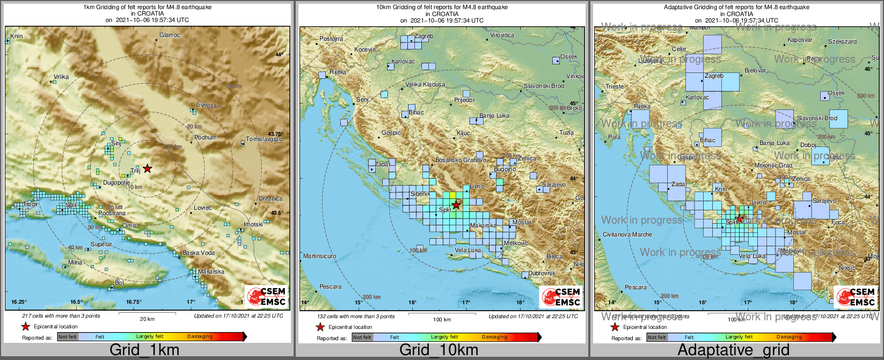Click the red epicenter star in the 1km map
click(x=148, y=168)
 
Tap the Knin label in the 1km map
click(x=17, y=36)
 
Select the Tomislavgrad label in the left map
click(x=264, y=139)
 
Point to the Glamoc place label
click(x=170, y=35)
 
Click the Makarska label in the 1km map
click(x=211, y=272)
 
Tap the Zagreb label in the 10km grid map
click(x=423, y=36)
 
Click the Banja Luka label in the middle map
click(x=494, y=116)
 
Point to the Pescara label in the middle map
click(x=330, y=287)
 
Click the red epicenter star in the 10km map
click(x=456, y=205)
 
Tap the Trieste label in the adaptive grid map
click(x=615, y=86)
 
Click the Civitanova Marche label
click(x=627, y=234)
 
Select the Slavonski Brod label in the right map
click(x=817, y=118)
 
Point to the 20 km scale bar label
click(x=148, y=319)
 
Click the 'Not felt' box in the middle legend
click(x=362, y=337)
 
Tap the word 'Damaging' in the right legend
click(x=788, y=337)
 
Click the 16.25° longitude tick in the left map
click(x=19, y=302)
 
